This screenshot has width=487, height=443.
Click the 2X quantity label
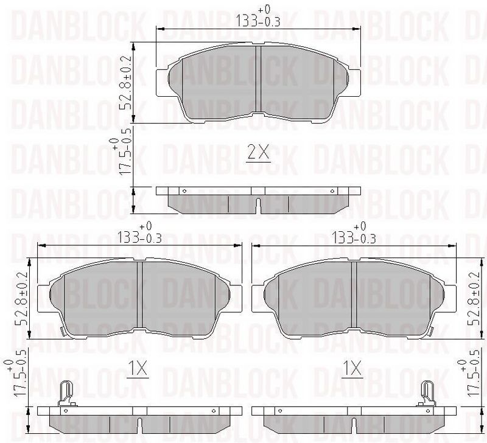click(258, 152)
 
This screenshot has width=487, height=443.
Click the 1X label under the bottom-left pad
click(138, 369)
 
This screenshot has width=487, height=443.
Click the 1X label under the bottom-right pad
click(352, 369)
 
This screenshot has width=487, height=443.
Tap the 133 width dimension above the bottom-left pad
click(139, 233)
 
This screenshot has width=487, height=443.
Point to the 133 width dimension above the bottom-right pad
click(354, 233)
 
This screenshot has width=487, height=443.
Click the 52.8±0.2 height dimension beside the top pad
click(126, 83)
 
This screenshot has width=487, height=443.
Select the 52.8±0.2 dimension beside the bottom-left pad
click(22, 299)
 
